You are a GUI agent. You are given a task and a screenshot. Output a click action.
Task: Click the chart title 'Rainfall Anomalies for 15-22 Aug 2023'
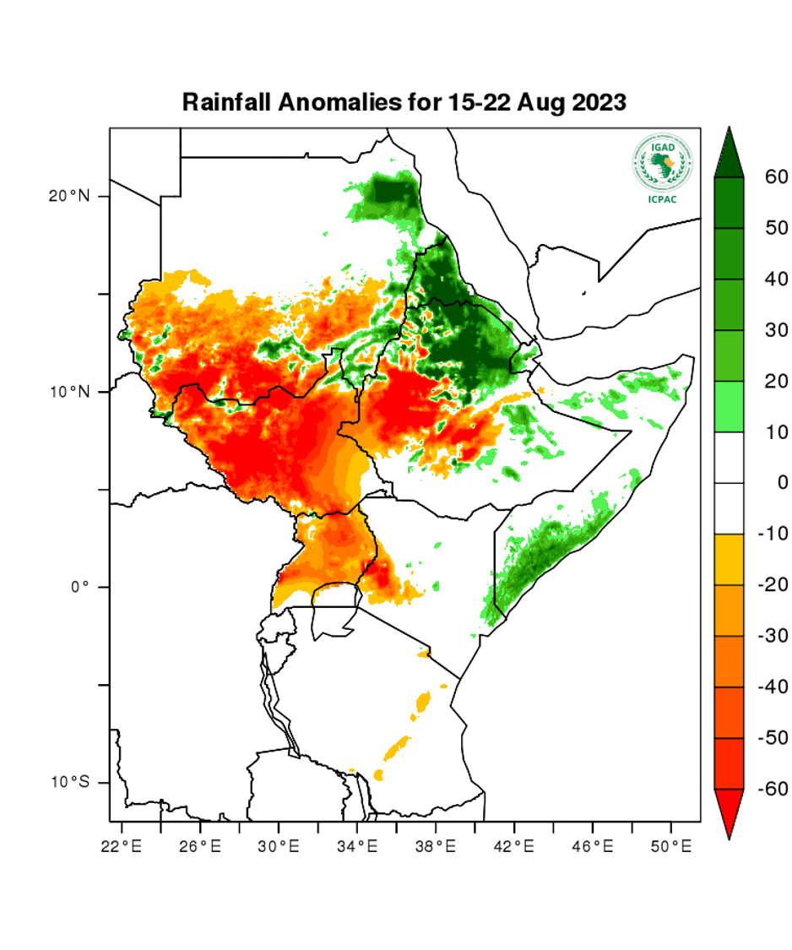click(404, 103)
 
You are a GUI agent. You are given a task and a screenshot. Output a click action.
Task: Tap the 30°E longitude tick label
click(279, 844)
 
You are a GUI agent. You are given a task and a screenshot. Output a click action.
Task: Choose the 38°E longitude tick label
click(436, 844)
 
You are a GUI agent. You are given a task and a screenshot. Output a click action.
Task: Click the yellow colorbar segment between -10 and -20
click(729, 559)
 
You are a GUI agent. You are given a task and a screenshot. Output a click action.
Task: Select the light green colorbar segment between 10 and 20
click(729, 406)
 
